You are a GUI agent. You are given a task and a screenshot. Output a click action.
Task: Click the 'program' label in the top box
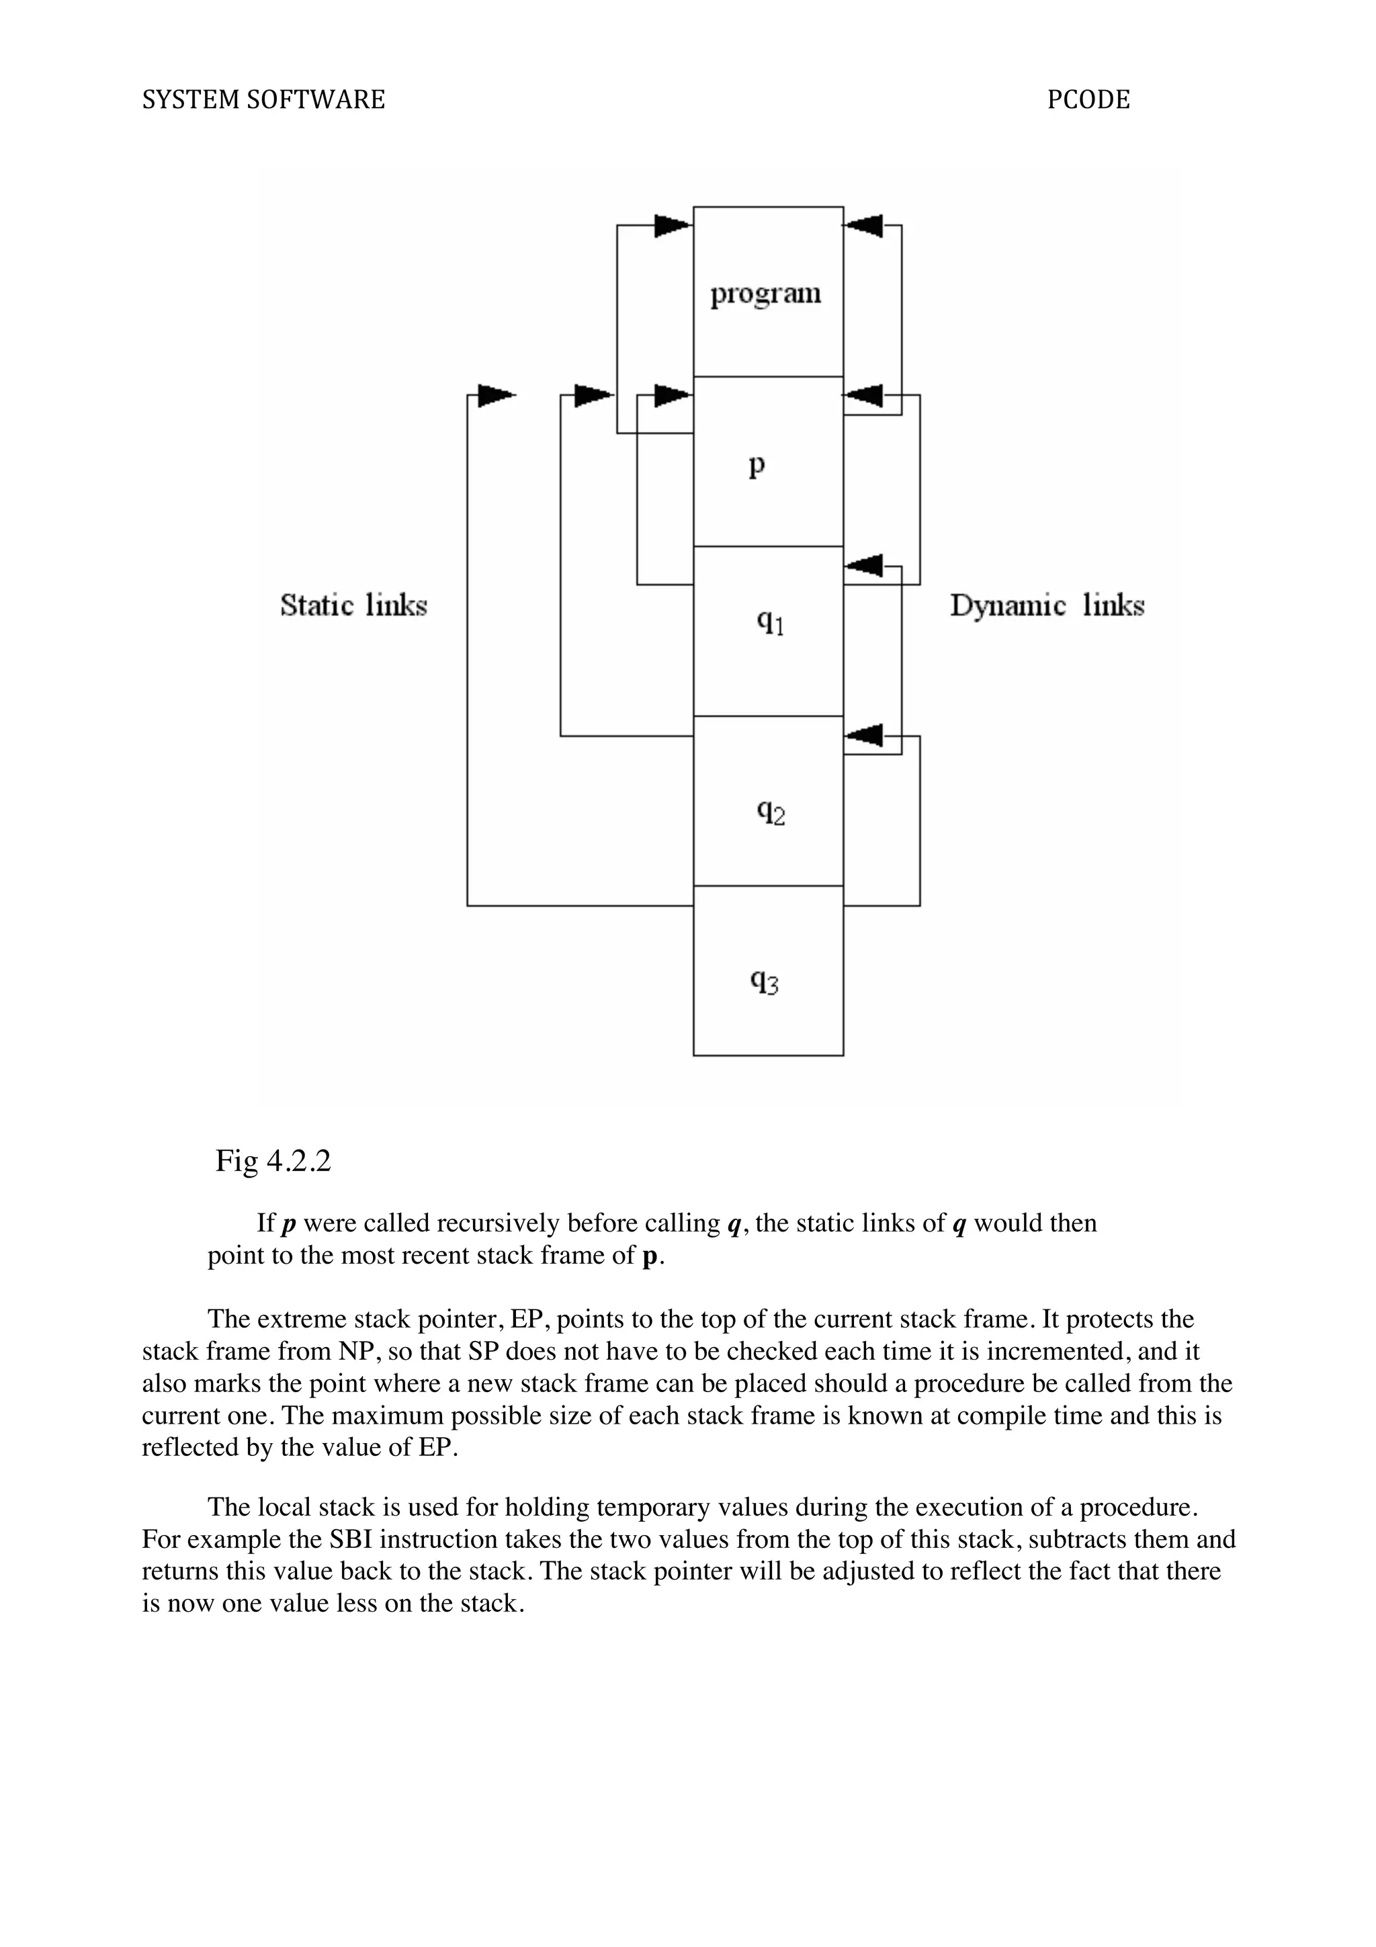765,294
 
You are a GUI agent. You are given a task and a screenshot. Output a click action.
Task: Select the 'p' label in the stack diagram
757,465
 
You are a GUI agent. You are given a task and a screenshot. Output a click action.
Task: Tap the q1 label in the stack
770,623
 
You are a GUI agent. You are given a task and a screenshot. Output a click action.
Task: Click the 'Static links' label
353,605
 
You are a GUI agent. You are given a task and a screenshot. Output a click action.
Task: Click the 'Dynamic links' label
1046,605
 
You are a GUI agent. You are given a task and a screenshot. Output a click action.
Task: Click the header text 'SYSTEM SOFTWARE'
263,100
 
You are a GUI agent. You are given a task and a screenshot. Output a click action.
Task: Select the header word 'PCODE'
1088,100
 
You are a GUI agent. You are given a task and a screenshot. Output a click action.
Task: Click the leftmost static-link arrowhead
496,396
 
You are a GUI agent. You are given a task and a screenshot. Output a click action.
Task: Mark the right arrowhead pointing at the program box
864,226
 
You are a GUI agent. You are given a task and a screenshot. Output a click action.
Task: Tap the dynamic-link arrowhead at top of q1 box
864,565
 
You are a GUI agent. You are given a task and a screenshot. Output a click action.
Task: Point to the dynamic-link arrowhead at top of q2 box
864,735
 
